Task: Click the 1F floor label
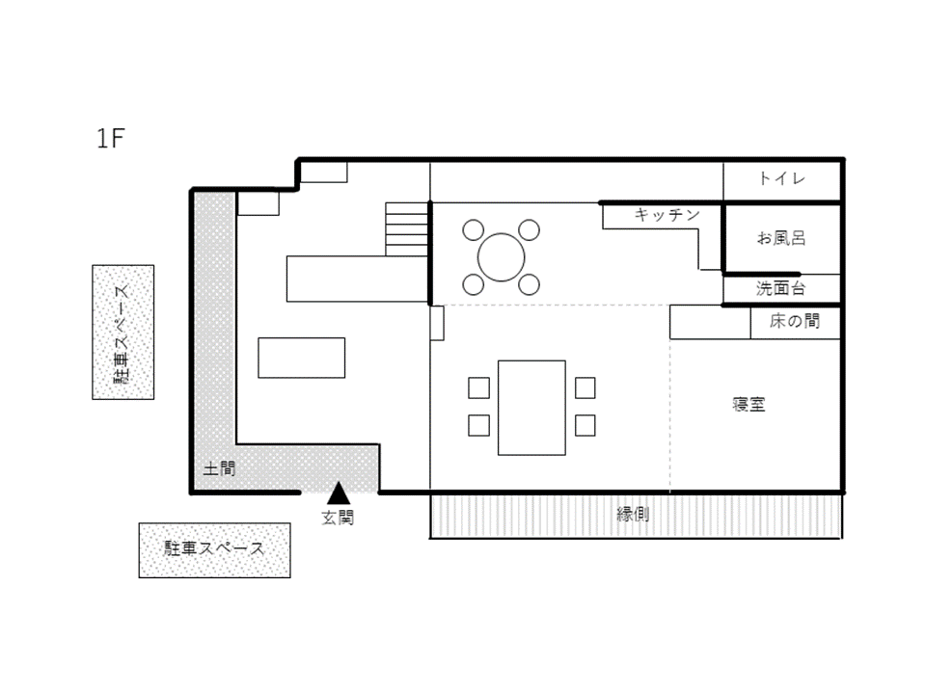click(110, 138)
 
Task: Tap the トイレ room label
click(782, 178)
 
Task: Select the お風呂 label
click(781, 238)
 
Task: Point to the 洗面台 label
click(780, 288)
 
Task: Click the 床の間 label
click(794, 321)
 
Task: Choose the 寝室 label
click(749, 404)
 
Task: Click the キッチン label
click(667, 214)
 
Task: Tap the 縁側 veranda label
click(633, 514)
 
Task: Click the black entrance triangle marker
click(339, 493)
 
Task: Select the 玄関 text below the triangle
click(338, 518)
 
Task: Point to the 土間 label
click(219, 468)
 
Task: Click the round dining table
click(502, 257)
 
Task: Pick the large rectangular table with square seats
click(531, 408)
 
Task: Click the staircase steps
click(407, 229)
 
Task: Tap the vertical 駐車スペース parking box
click(123, 333)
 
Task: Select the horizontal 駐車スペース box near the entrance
click(214, 550)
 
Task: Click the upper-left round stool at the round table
click(473, 230)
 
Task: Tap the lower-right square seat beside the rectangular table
click(586, 425)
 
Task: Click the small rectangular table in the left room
click(301, 358)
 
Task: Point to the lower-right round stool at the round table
click(530, 284)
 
